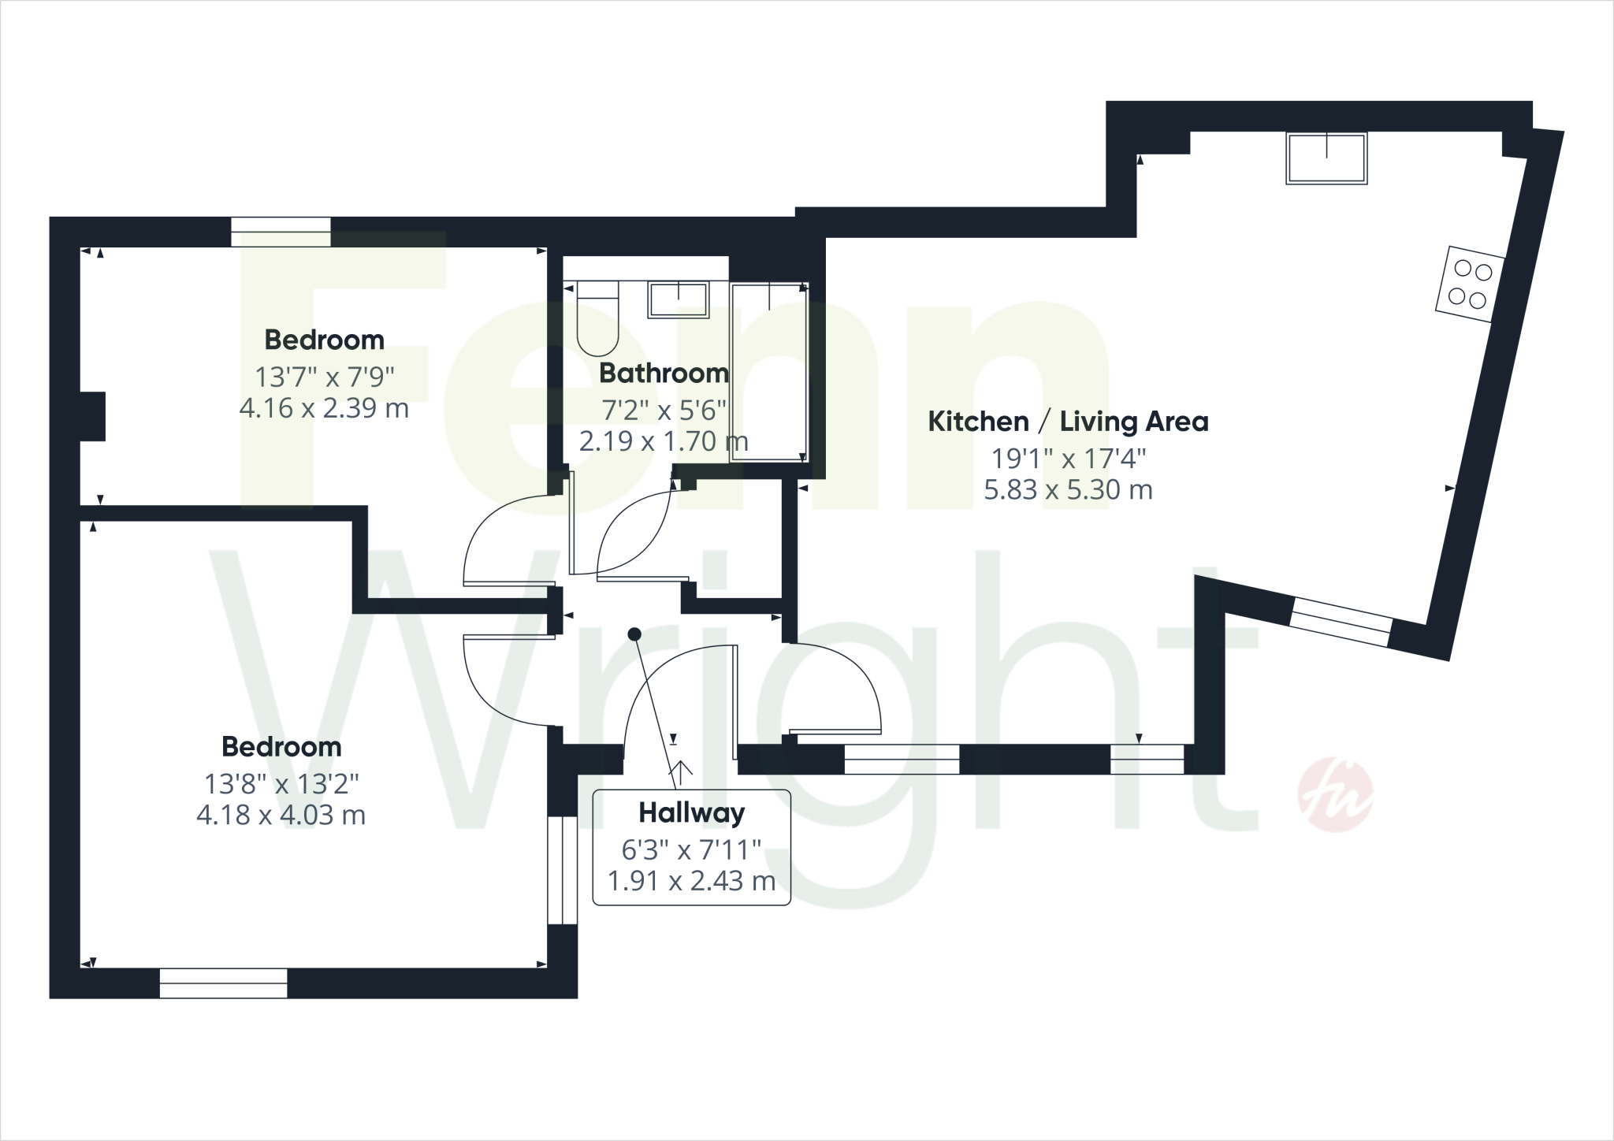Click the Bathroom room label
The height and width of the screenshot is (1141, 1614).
(x=664, y=373)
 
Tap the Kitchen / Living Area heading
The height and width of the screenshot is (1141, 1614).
(x=1068, y=422)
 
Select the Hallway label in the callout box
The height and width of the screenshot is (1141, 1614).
(x=691, y=812)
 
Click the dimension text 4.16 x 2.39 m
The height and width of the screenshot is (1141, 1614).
(x=324, y=408)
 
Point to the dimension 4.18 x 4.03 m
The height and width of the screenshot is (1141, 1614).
(x=281, y=815)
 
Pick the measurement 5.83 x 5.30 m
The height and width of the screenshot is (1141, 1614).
(x=1068, y=490)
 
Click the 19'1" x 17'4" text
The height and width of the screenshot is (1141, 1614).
(x=1068, y=457)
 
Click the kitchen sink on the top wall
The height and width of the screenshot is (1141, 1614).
(x=1326, y=158)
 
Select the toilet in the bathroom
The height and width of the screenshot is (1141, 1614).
(x=598, y=318)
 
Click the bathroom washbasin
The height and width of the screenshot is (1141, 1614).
(x=678, y=300)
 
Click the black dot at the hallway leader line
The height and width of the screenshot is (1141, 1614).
(x=634, y=634)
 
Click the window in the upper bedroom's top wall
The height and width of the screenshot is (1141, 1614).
(x=281, y=232)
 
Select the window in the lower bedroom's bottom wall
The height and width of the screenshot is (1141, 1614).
(x=223, y=983)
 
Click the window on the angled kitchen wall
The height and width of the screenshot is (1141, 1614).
(x=1340, y=623)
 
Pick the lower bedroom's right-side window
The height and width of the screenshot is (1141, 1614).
(x=563, y=870)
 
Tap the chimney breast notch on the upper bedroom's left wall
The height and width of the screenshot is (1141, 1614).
(x=93, y=416)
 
